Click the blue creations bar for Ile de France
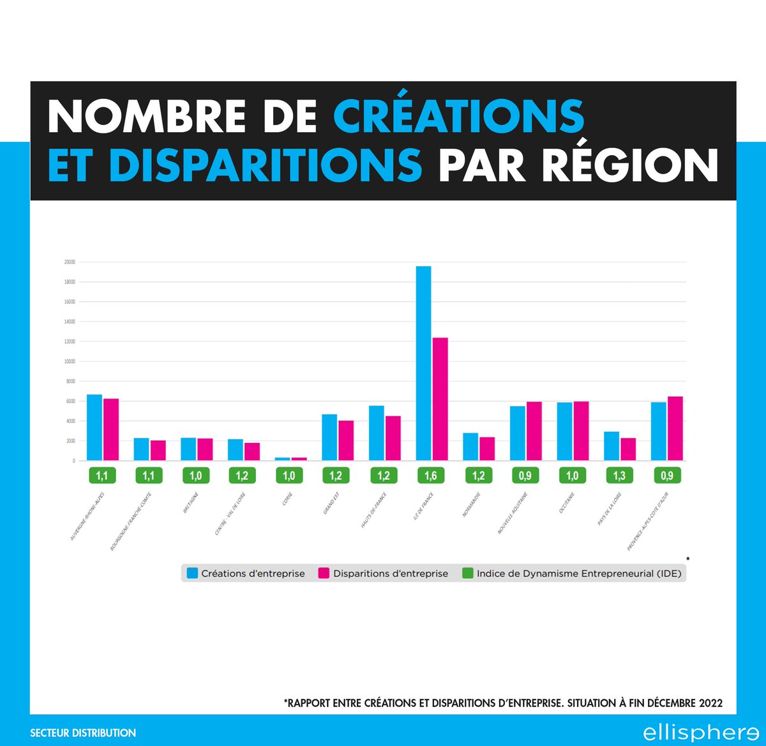pos(423,363)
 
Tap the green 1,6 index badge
pos(431,475)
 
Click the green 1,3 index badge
pos(619,475)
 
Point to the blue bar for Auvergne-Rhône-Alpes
pos(94,427)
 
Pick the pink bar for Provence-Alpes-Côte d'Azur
pos(675,428)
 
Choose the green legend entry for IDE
pos(572,573)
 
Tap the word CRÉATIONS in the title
pos(458,116)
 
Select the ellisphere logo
pos(700,733)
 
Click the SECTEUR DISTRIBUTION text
pos(83,733)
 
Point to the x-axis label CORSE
pos(288,498)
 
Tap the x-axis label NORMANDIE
pos(472,504)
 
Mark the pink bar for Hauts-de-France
pos(393,438)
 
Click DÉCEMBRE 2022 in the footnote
pos(685,703)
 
